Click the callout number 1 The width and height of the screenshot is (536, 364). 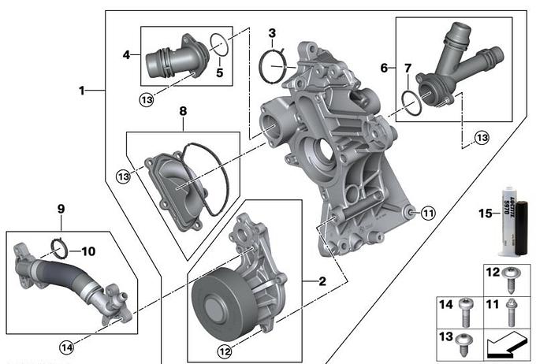(81, 90)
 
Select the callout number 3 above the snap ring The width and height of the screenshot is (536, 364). (271, 33)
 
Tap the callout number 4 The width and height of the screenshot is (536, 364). (126, 55)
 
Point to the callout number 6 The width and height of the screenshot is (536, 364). (384, 69)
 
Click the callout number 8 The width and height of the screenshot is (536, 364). (182, 113)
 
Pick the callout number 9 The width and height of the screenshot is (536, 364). (60, 210)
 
